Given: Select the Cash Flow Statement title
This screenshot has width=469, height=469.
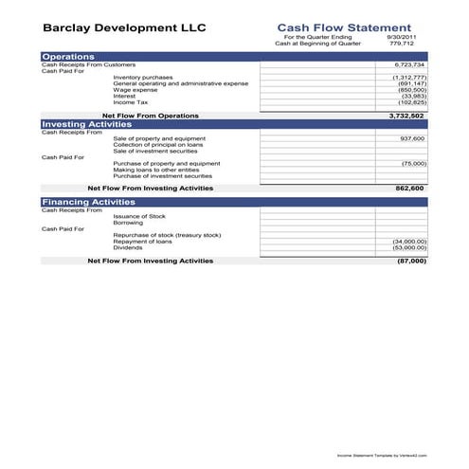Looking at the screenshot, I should coord(343,28).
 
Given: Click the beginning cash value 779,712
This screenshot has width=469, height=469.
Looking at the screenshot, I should coord(414,44).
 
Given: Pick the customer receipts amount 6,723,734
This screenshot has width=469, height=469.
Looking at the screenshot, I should coord(409,64).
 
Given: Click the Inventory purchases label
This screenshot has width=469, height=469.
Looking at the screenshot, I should coord(142,78).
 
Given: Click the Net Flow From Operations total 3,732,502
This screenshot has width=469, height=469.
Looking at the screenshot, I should coord(406,116).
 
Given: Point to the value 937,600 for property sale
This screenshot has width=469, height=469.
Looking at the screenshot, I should coord(412,138).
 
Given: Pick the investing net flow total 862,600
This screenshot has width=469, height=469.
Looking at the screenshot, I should coord(409,189).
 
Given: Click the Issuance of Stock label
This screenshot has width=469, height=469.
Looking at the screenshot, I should coord(138,216).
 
